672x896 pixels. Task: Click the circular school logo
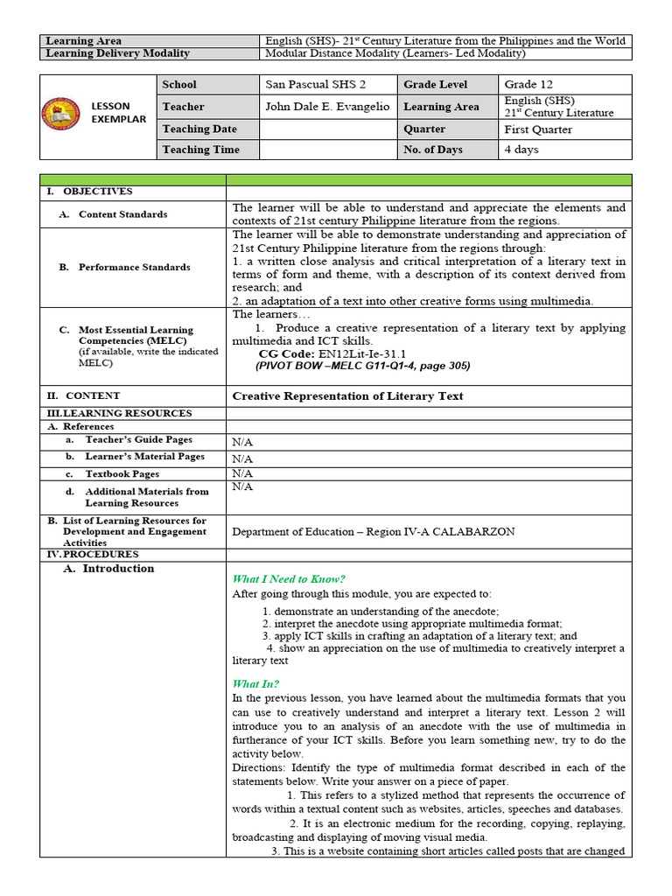tap(59, 113)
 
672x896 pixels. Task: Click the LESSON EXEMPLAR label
tap(118, 113)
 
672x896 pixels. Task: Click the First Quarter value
tap(538, 129)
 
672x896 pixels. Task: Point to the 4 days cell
tap(521, 150)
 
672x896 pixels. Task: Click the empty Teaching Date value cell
tap(327, 129)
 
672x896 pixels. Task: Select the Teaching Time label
tap(200, 150)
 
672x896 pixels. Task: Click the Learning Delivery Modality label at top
tap(117, 53)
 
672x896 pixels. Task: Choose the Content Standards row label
tap(122, 214)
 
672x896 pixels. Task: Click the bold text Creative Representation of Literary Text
tap(347, 396)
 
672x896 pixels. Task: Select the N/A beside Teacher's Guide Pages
tap(242, 443)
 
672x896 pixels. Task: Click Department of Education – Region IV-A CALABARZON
tap(373, 532)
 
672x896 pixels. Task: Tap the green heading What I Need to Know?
tap(289, 579)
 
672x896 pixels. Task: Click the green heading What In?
tap(255, 684)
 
